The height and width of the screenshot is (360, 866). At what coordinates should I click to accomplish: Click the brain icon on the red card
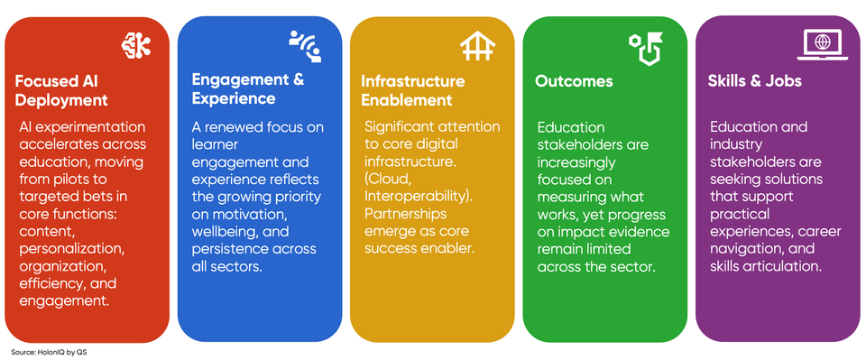pos(136,44)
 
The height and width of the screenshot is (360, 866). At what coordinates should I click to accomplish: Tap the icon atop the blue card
pos(305,44)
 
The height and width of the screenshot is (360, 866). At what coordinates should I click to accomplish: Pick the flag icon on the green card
pos(645,46)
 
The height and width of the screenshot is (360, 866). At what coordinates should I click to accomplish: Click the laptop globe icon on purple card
pos(821,43)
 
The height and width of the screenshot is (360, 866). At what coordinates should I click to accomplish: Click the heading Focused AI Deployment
pos(61,90)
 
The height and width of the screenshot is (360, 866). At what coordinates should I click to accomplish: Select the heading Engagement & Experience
pos(247,88)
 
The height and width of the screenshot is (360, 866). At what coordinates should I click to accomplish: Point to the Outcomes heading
pos(574,81)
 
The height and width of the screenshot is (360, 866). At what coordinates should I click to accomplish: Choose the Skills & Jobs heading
pos(755,81)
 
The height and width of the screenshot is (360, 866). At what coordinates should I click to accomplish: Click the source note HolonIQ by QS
pos(49,352)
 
